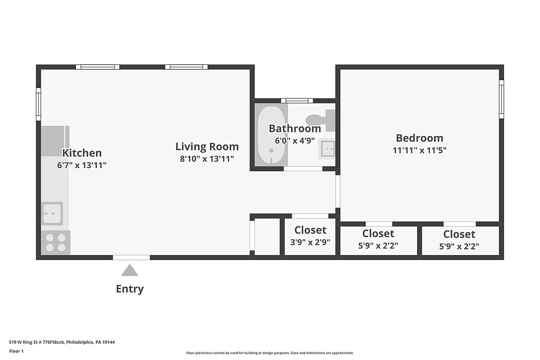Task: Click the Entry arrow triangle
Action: (x=130, y=270)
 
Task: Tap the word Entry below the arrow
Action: (x=130, y=289)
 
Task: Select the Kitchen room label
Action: (x=82, y=153)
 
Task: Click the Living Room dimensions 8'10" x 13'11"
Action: (x=207, y=159)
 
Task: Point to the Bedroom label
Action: (x=419, y=138)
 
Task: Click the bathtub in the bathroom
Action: (x=272, y=135)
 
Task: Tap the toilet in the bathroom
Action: (x=321, y=120)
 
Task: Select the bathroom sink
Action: (x=327, y=149)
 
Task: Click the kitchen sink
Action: (x=52, y=213)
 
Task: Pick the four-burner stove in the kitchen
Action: (x=56, y=242)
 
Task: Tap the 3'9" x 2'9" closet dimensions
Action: (x=310, y=242)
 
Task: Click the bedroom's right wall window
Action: (x=502, y=100)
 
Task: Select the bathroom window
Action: (x=297, y=101)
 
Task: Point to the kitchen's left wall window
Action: (x=38, y=104)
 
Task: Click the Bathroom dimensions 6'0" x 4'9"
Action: (x=295, y=141)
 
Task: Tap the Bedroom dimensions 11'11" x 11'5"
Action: (x=419, y=150)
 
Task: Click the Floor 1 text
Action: (x=16, y=351)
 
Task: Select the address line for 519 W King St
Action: (x=62, y=342)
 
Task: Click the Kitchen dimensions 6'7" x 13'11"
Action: (x=82, y=165)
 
